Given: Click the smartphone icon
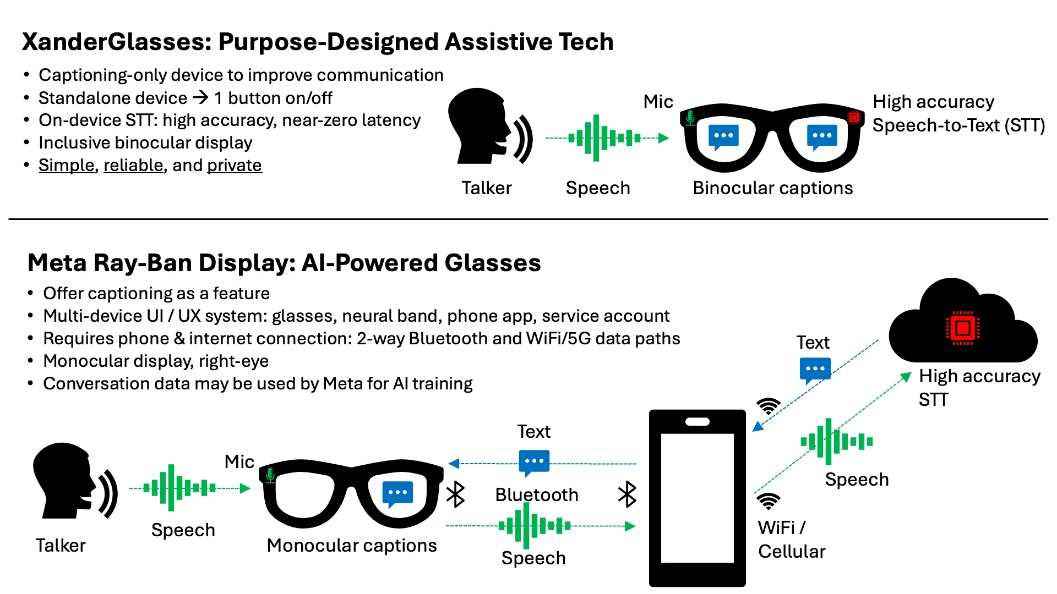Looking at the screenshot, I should [697, 498].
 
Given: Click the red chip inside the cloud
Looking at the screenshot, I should [962, 328].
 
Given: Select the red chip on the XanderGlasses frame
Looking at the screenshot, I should [854, 117].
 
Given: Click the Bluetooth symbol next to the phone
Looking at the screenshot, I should [627, 494].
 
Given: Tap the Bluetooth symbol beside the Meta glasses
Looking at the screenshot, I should [456, 494].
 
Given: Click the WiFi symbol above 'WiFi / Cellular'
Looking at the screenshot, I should [768, 501].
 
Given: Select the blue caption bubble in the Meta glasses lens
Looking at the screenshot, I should [397, 493].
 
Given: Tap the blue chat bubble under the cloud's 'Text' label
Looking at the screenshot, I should [814, 370].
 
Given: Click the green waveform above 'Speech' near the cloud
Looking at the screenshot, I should [836, 441].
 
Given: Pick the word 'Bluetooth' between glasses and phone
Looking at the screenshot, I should [536, 494].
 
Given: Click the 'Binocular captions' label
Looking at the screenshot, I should [772, 188].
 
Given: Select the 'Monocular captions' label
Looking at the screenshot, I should [351, 545].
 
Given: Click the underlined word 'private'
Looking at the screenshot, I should [234, 165].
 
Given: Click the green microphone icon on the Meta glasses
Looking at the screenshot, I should [270, 475].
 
